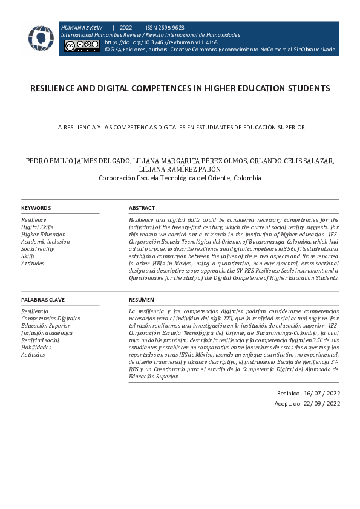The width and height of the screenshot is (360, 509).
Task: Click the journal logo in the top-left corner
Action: tap(41, 38)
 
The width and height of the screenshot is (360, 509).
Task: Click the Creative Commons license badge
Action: tap(82, 46)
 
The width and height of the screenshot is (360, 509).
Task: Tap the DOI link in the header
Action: tap(161, 43)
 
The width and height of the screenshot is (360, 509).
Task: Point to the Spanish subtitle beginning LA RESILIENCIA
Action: tap(180, 128)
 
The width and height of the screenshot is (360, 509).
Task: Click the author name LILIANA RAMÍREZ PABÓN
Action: tap(180, 170)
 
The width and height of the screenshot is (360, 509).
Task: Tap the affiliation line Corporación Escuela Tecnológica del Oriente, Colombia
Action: tap(180, 178)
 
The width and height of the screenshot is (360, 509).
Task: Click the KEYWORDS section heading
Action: tap(36, 208)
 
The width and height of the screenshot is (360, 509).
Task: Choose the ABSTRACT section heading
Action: tap(142, 208)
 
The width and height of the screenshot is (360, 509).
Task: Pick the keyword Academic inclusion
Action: tap(45, 242)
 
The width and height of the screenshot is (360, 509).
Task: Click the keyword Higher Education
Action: tap(43, 235)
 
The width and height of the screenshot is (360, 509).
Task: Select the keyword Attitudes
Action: tap(33, 264)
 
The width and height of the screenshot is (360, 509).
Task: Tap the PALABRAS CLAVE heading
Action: tap(43, 300)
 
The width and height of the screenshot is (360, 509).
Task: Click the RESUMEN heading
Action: tap(142, 300)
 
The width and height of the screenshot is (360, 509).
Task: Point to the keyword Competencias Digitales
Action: tap(50, 319)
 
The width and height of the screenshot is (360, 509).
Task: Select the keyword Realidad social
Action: tap(40, 340)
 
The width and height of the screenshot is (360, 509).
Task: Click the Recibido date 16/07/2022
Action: tap(308, 393)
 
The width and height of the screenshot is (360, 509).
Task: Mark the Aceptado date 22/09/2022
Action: tap(308, 404)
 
